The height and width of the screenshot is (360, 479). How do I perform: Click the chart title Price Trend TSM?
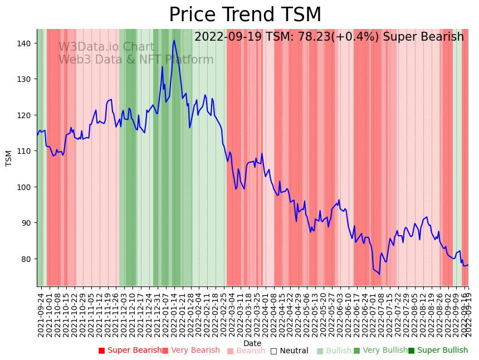(245, 15)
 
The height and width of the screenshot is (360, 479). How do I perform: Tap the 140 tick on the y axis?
(26, 43)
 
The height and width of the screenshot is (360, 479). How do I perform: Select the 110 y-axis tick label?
(26, 151)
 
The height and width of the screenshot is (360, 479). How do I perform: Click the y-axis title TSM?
(9, 158)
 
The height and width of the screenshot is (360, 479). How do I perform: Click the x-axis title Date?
(252, 343)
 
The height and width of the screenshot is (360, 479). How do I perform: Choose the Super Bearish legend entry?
(130, 351)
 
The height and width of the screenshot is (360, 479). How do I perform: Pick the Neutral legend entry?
(289, 351)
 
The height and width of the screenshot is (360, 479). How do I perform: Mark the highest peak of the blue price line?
(174, 40)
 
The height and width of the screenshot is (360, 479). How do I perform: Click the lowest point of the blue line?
(379, 274)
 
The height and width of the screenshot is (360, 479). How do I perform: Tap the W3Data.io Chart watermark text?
(106, 47)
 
